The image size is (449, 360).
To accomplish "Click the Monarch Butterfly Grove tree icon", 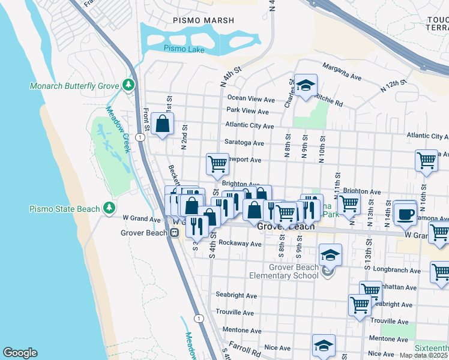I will (x=127, y=86).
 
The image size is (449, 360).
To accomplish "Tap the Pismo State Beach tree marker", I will (x=109, y=208).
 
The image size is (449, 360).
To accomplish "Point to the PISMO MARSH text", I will (x=203, y=20).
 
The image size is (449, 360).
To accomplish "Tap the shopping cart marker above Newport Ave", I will (x=217, y=163).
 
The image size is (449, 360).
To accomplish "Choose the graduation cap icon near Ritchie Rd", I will (x=306, y=85).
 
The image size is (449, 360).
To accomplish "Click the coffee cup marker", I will (x=406, y=213).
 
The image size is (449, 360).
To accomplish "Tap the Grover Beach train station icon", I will (x=174, y=233).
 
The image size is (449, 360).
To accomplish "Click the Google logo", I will (x=20, y=353).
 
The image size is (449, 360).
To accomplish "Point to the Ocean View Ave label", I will (x=251, y=98).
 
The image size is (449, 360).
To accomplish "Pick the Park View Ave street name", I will (x=247, y=111).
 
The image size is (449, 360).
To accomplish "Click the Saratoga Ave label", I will (x=244, y=143).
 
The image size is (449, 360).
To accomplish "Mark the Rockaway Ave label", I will (x=240, y=244).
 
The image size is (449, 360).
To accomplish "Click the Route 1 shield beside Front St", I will (x=139, y=137).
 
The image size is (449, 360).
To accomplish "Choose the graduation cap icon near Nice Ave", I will (x=324, y=345).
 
